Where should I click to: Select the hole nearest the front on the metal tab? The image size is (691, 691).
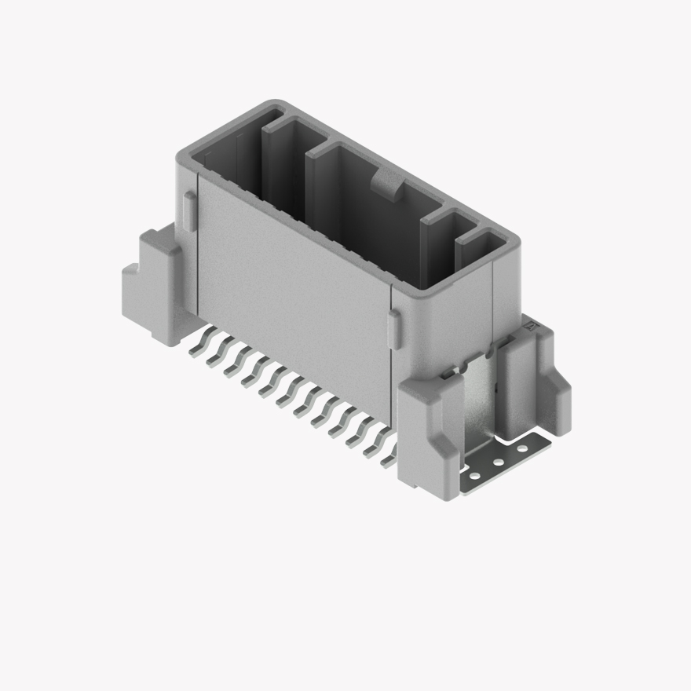point(473,475)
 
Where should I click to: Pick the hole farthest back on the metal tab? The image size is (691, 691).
point(521,449)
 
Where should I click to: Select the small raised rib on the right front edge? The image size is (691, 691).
point(395,327)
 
